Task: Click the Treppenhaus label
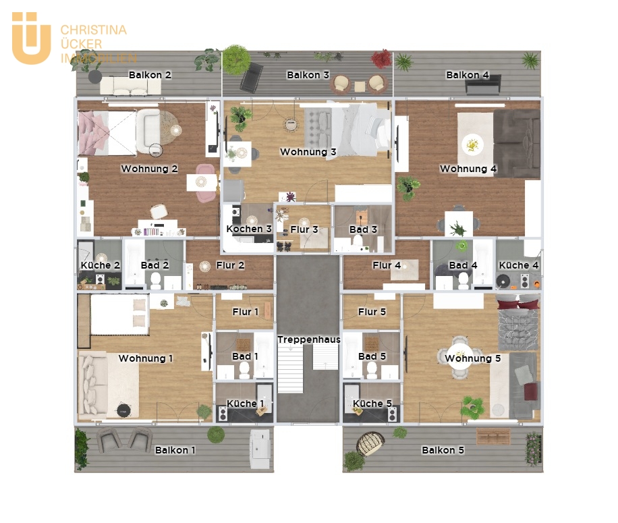pyautogui.click(x=308, y=339)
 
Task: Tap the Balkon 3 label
pyautogui.click(x=308, y=75)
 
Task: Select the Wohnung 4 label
pyautogui.click(x=468, y=169)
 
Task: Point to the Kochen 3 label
pyautogui.click(x=249, y=229)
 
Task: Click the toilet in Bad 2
pyautogui.click(x=156, y=281)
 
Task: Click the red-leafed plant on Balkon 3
pyautogui.click(x=381, y=59)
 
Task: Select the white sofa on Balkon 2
pyautogui.click(x=130, y=86)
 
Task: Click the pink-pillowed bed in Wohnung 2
pyautogui.click(x=107, y=133)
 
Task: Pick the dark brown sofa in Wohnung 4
pyautogui.click(x=517, y=144)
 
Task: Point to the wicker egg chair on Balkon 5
pyautogui.click(x=370, y=443)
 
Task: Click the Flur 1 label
pyautogui.click(x=245, y=312)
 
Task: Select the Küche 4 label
pyautogui.click(x=518, y=265)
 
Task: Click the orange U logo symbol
pyautogui.click(x=32, y=38)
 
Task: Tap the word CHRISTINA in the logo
pyautogui.click(x=93, y=30)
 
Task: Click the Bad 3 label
pyautogui.click(x=363, y=229)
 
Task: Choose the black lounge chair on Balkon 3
pyautogui.click(x=251, y=78)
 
